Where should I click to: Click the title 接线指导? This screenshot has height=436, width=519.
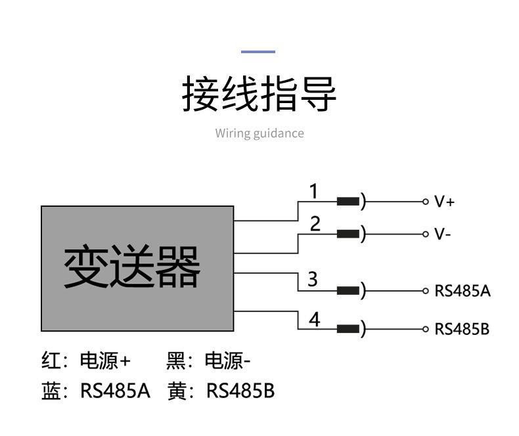259,95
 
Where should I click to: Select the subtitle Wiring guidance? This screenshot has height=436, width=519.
259,133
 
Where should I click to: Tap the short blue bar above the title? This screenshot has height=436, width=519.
258,51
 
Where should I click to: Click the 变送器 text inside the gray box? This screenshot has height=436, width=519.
132,268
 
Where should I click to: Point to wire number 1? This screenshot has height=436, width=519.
314,192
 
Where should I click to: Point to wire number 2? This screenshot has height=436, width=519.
315,225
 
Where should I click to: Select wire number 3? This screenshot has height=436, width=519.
313,280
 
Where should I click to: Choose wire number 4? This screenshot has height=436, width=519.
315,319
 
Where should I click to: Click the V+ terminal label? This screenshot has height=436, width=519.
444,202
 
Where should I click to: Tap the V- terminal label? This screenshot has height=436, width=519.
442,234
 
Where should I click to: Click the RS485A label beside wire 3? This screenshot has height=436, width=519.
462,291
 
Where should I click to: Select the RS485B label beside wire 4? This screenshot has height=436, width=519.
462,329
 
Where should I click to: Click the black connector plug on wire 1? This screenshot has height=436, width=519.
348,202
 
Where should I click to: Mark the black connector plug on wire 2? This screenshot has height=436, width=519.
348,234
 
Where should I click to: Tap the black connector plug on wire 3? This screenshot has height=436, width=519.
348,291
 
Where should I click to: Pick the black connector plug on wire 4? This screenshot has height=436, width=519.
348,329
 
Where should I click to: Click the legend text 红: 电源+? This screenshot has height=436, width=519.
86,360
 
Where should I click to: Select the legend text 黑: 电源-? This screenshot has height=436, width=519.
209,360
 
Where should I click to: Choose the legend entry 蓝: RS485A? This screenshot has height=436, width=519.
96,391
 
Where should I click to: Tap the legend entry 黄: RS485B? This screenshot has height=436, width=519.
221,391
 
